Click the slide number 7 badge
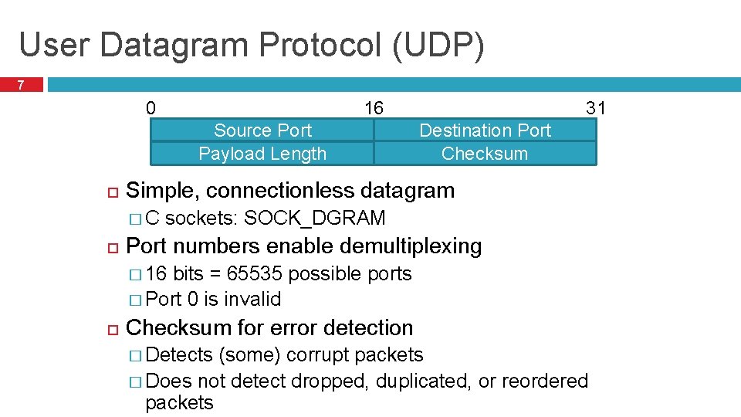coord(22,84)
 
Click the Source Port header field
coord(262,131)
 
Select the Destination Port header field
coord(485,131)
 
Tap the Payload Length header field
coord(262,154)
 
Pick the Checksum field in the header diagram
coord(485,154)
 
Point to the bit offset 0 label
coord(151,108)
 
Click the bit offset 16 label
coord(374,108)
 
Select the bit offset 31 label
coord(595,108)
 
